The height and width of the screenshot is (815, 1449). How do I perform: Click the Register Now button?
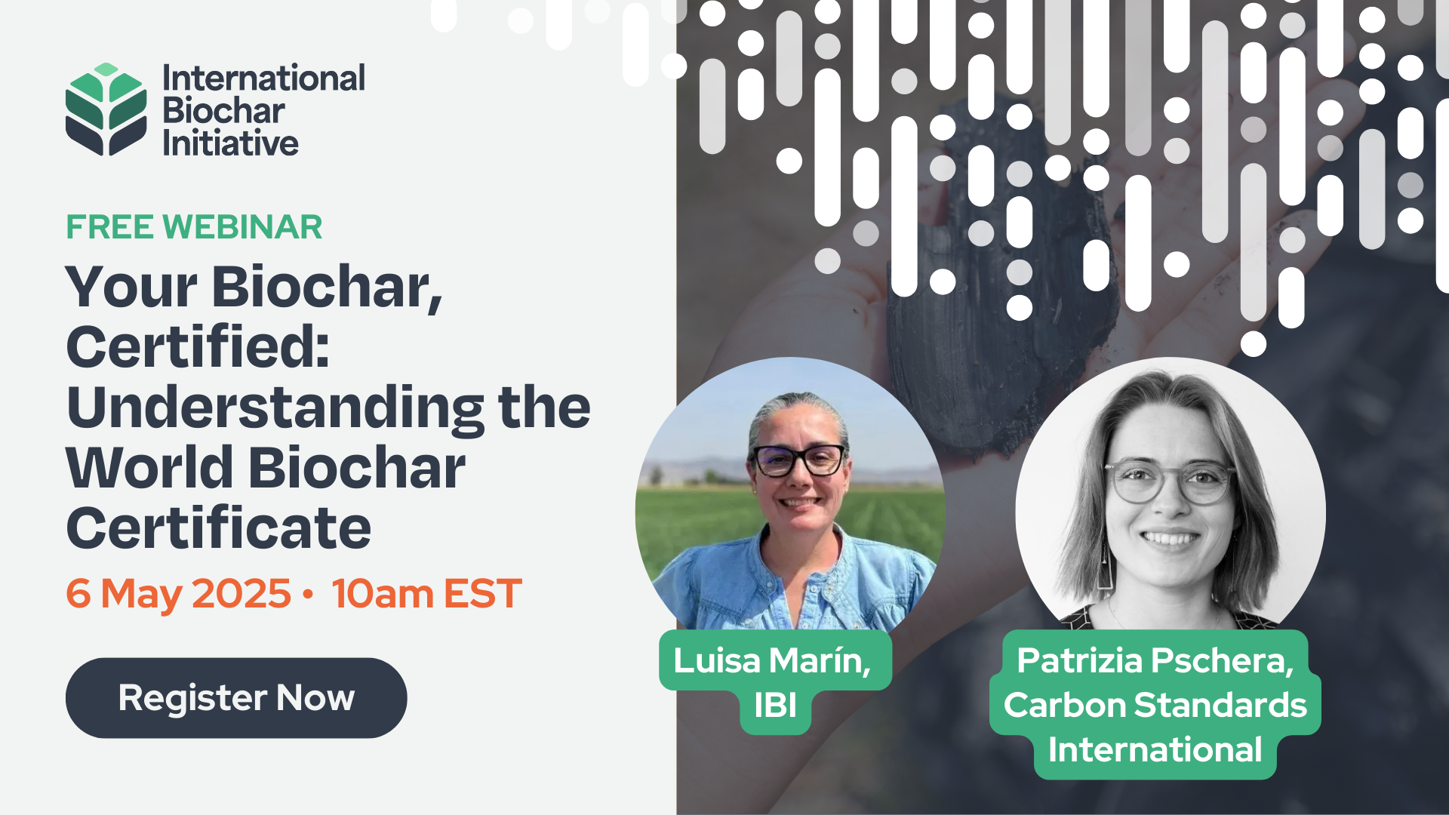236,698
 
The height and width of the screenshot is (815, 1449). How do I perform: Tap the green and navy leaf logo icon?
106,109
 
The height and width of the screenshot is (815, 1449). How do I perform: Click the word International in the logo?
264,78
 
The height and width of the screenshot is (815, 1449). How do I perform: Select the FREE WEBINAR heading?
194,227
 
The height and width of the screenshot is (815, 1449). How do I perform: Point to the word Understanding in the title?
275,408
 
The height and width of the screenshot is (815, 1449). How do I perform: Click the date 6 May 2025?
178,593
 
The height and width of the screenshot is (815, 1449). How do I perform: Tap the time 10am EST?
426,593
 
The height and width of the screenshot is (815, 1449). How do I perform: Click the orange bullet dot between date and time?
307,594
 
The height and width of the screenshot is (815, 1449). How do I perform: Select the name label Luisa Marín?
773,660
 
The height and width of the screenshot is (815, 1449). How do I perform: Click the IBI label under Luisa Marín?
775,706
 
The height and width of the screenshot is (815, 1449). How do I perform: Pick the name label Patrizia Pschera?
1155,660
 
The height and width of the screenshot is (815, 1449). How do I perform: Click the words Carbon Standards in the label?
1155,706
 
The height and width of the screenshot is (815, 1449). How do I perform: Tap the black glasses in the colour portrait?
800,460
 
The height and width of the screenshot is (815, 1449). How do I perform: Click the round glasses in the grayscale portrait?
1170,481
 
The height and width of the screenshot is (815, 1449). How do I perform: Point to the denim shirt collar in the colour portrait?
800,562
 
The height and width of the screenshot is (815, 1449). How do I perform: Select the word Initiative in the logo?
231,143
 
